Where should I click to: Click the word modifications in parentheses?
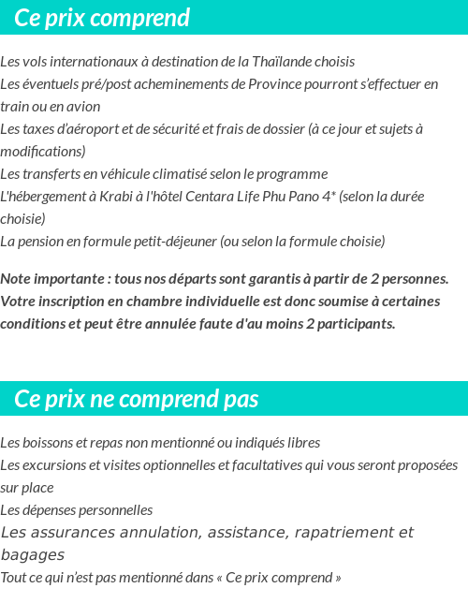pos(43,152)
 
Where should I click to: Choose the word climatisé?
pos(190,174)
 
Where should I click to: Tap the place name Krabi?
pos(110,197)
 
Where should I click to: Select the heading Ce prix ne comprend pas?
pos(137,399)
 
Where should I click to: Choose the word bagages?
pos(33,555)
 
